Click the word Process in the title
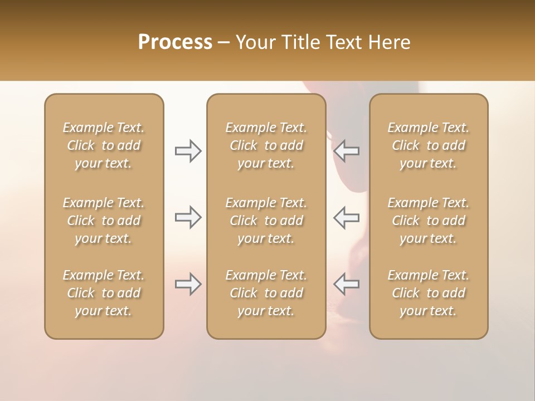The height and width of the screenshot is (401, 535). [x=175, y=42]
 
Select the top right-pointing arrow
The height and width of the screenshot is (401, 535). [x=188, y=150]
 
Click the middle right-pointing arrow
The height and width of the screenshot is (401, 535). [x=188, y=217]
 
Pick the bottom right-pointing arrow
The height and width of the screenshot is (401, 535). [x=188, y=284]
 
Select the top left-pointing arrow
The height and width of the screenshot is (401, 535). [x=346, y=150]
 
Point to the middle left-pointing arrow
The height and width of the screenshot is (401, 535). [x=346, y=217]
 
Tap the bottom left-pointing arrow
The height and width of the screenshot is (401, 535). [x=346, y=284]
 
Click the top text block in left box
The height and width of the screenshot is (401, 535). [x=104, y=145]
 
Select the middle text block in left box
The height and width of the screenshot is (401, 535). [x=104, y=221]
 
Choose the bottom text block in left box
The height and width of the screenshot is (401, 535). [x=104, y=293]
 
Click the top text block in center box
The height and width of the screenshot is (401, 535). [x=266, y=145]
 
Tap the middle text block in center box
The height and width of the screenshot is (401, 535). [x=266, y=221]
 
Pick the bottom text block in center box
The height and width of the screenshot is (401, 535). [x=266, y=293]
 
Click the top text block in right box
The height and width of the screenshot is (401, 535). [x=428, y=145]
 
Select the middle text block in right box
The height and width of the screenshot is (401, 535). [x=428, y=221]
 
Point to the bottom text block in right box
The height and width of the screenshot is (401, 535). [x=428, y=293]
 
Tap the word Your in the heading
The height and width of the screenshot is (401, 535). [x=255, y=42]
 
